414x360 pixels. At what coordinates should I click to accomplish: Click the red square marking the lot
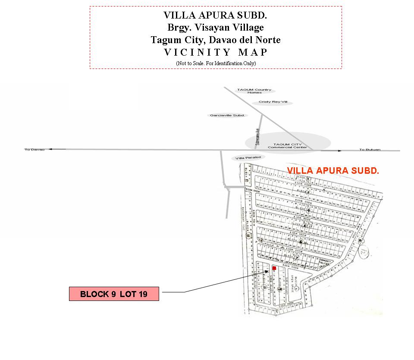(274, 268)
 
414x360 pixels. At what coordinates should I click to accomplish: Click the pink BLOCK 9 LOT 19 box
(114, 294)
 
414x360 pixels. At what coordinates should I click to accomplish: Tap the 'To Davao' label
(34, 150)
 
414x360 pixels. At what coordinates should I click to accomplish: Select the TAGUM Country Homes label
(254, 91)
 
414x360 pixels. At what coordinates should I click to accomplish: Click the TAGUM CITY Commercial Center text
(288, 146)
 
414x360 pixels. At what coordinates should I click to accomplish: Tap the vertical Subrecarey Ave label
(257, 136)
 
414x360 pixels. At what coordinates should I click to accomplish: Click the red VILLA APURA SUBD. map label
(333, 171)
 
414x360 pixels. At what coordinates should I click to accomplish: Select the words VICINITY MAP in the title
(216, 53)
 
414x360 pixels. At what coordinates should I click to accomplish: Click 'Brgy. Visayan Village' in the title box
(216, 28)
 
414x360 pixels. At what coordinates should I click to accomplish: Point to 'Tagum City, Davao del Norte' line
(216, 40)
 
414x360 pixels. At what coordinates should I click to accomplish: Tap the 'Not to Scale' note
(216, 63)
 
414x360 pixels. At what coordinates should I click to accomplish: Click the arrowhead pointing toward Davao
(50, 149)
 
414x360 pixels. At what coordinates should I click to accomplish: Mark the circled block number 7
(297, 258)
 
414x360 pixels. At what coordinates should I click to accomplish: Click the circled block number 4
(309, 210)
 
